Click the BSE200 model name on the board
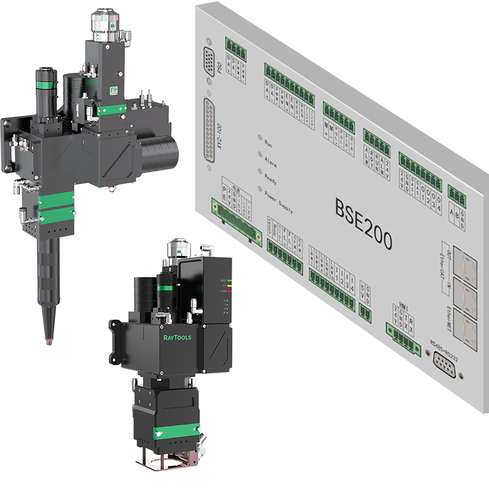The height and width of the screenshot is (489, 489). click(x=363, y=218)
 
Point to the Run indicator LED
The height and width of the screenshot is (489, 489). click(x=260, y=138)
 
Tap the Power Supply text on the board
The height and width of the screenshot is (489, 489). click(x=279, y=202)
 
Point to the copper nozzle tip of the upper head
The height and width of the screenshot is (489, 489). click(x=47, y=337)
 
